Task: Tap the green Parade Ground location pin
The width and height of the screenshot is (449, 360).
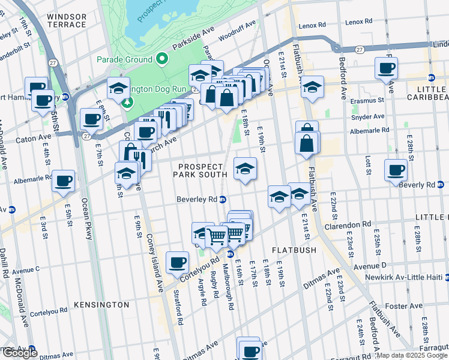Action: point(161,59)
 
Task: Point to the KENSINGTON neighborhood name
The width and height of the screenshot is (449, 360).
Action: point(101,305)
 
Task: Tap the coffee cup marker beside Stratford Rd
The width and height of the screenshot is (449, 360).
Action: point(177,263)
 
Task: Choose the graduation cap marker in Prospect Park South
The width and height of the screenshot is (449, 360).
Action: point(245,169)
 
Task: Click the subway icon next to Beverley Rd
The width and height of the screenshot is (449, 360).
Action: point(223,199)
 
